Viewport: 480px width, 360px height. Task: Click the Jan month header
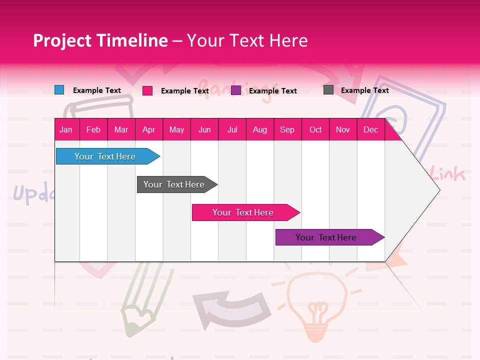point(66,129)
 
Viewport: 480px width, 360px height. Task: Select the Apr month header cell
point(149,129)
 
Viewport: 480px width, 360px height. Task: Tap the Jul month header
point(232,129)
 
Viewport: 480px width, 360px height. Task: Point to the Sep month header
point(287,129)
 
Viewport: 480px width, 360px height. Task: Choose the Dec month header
point(370,129)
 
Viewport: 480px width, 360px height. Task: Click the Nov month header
point(342,129)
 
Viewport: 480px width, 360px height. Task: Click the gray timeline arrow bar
point(175,184)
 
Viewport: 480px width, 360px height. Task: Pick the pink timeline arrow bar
point(244,212)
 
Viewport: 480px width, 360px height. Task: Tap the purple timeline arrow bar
point(327,237)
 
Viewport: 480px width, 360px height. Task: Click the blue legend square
point(59,90)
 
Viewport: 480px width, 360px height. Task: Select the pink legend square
point(147,90)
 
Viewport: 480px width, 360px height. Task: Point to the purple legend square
point(236,90)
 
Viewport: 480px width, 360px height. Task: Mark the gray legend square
point(328,90)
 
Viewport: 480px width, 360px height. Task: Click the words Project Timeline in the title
point(100,40)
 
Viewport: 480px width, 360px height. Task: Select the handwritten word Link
point(447,175)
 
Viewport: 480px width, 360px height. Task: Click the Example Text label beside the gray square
point(364,90)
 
